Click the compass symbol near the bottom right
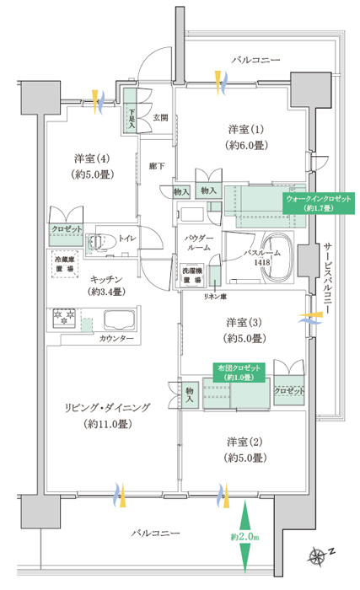(x=317, y=555)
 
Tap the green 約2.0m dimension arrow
(x=244, y=536)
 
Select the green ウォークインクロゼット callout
(x=319, y=203)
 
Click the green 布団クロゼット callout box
(x=239, y=373)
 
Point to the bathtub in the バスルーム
(x=277, y=258)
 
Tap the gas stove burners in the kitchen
(x=64, y=316)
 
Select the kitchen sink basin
(x=120, y=319)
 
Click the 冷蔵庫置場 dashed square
(x=65, y=264)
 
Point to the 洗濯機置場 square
(x=192, y=275)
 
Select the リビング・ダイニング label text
(x=107, y=407)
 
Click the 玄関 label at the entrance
(x=160, y=118)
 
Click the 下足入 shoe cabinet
(x=132, y=110)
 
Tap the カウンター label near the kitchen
(x=116, y=338)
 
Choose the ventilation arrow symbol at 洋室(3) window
(x=310, y=319)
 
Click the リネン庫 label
(x=215, y=297)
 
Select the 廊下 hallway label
(x=156, y=165)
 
